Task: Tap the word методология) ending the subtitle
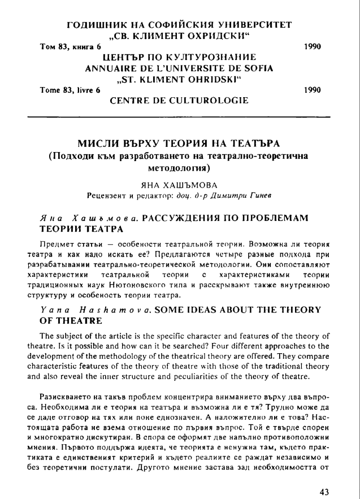pyautogui.click(x=180, y=168)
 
